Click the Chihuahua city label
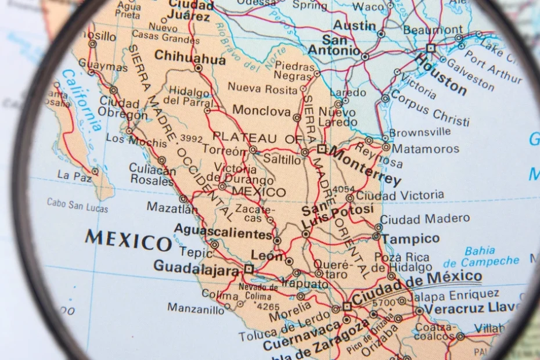coord(190,59)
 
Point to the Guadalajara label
coord(196,267)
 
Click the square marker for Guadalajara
coord(249,269)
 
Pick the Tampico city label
coord(411,239)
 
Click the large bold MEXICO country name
coord(128,239)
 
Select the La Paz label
coord(71,175)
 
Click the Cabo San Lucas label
coord(77,205)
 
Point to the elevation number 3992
coord(192,138)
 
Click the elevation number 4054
coord(343,189)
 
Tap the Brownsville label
coord(420,132)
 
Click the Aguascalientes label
coord(223,232)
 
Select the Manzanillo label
coord(196,309)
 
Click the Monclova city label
coord(261,110)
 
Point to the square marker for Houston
coord(430,48)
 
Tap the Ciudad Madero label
coord(424,219)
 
